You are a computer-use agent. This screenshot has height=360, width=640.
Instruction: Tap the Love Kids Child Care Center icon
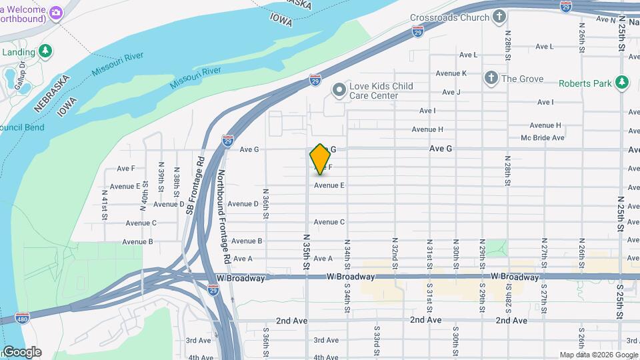point(339,88)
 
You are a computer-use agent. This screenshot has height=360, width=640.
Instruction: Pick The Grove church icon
point(491,79)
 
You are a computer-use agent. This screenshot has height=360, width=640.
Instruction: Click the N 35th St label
point(307,251)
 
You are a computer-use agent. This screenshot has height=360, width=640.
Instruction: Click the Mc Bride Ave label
point(543,137)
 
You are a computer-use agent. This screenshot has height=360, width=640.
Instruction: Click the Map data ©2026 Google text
point(598,355)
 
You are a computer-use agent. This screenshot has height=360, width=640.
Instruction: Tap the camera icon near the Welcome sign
point(56,13)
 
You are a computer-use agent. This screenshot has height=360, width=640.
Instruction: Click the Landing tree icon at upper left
point(45,51)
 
